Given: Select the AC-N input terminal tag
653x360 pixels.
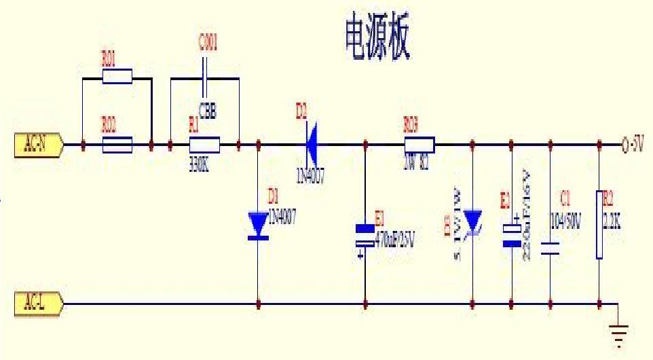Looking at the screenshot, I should point(38,145).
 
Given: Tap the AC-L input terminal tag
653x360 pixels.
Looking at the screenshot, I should point(38,304).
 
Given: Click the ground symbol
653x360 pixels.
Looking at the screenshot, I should point(618,334).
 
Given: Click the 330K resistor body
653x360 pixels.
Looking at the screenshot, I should point(204,145).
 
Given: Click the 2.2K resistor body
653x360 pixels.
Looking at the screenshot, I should point(599,225).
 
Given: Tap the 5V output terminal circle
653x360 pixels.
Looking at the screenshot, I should point(624,145).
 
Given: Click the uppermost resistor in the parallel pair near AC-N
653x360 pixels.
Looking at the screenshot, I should point(117,76).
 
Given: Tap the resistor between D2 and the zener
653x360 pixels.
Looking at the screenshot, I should point(419,145).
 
